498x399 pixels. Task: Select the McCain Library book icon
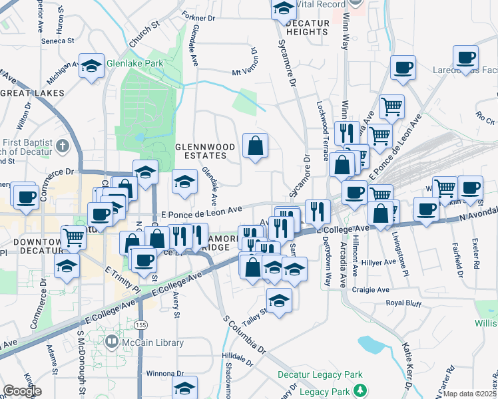[112, 342]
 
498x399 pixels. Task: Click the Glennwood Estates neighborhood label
[200, 151]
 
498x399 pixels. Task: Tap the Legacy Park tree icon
[360, 390]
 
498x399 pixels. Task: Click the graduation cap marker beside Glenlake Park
[91, 66]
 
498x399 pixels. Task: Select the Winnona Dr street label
[155, 372]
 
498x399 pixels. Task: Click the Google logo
[22, 390]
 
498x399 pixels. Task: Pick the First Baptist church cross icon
[62, 145]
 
